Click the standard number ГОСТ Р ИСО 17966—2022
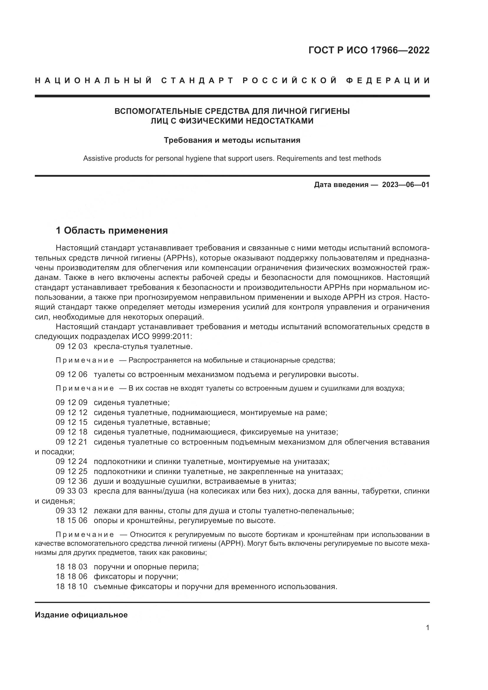pos(369,50)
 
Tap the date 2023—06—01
pos(405,184)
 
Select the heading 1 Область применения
pos(112,230)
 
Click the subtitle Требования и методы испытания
pos(232,140)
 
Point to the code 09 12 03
pos(71,347)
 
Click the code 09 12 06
pos(71,374)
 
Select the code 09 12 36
pos(71,481)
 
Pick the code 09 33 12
pos(71,511)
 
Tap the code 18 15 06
pos(71,520)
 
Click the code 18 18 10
pos(71,586)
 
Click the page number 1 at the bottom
pos(428,628)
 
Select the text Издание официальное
pos(81,615)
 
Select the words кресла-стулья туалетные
pos(143,347)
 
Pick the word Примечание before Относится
pos(85,535)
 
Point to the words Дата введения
pos(341,184)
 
